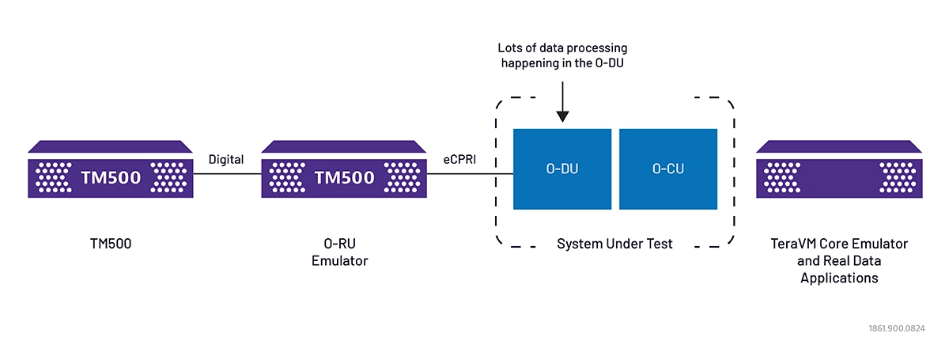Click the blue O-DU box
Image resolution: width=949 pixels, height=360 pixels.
coord(562,169)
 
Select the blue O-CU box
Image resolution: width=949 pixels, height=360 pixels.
coord(667,169)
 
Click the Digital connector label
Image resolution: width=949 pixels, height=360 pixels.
coord(226,160)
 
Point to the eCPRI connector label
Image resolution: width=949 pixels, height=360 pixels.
coord(461,160)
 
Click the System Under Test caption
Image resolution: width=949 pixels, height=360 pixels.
coord(614,244)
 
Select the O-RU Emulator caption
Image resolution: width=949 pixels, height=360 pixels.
coord(340,252)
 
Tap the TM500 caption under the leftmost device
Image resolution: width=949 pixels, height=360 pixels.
coord(111,244)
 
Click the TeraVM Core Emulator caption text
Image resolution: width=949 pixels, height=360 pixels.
coord(839,244)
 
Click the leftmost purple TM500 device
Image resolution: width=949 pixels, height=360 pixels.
coord(111,171)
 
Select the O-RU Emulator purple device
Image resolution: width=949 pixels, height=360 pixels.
coord(344,171)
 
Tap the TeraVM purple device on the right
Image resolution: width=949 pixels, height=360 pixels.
coord(839,171)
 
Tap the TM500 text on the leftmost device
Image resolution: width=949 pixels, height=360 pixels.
coord(112,177)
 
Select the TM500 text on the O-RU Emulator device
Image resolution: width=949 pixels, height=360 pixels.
coord(345,177)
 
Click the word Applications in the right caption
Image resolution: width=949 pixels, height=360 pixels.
coord(839,278)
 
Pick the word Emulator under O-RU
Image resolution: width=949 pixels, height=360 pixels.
coord(340,261)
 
